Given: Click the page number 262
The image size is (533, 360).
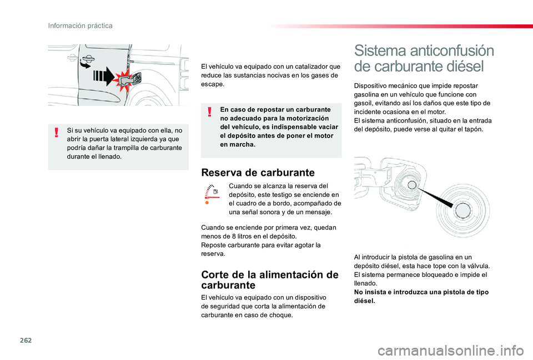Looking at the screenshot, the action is tap(26, 340).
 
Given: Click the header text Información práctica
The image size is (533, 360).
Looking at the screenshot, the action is tap(80, 26).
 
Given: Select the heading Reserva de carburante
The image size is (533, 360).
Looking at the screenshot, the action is tap(258, 173).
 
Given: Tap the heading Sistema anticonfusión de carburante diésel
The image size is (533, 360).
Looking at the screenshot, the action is tap(424, 58).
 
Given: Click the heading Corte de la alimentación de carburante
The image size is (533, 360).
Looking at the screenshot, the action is tap(270, 280).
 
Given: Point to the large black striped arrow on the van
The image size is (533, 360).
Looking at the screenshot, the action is tap(104, 76).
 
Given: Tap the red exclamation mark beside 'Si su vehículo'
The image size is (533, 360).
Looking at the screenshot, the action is tap(57, 132).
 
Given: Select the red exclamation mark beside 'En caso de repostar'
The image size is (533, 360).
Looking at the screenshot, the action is tap(210, 111).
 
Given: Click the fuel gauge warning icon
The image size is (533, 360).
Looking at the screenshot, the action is tap(212, 192).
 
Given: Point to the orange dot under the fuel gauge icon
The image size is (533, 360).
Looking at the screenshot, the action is tap(207, 203).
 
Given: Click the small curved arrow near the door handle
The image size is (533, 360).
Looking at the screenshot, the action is tap(85, 63).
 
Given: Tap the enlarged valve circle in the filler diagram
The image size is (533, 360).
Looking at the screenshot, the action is tap(463, 211).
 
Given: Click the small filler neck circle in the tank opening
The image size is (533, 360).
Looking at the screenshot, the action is tap(412, 185).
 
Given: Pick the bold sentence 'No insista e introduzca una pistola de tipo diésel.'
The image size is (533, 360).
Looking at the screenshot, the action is tap(421, 297).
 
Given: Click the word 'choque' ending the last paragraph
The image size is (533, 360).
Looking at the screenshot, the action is tap(282, 315).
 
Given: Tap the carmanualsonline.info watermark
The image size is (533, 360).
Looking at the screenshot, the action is tap(451, 351).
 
